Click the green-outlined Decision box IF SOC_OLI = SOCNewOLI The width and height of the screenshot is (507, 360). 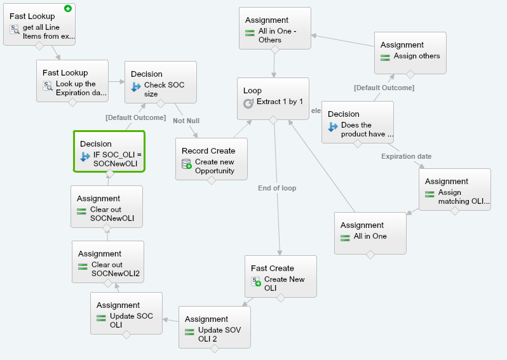[109, 152]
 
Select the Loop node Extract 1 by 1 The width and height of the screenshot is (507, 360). [273, 98]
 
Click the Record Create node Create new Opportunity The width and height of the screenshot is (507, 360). [211, 159]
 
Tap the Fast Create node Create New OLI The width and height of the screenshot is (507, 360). [280, 276]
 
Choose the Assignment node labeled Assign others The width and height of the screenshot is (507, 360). [410, 53]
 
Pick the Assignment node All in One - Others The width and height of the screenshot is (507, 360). [274, 29]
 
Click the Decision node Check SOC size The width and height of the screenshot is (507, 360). [160, 82]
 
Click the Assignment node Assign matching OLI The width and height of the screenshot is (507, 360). [454, 189]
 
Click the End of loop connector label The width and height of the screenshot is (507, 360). [277, 188]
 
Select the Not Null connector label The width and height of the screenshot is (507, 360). [186, 121]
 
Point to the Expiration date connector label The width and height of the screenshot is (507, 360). [406, 156]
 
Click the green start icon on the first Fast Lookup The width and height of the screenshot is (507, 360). [68, 9]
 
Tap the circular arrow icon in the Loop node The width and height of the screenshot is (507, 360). [248, 102]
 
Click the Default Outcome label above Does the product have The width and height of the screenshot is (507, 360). [384, 88]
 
